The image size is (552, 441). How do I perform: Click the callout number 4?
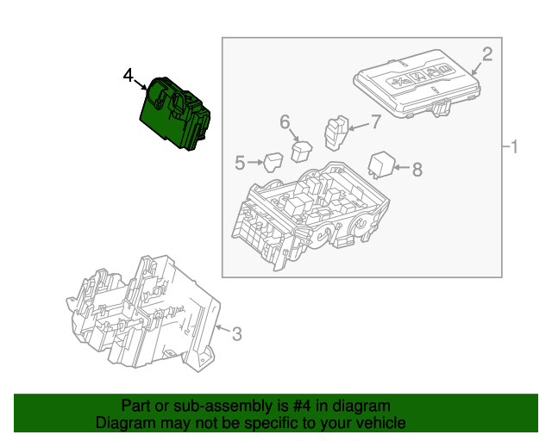click(x=128, y=77)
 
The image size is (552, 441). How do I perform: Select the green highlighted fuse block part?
click(x=176, y=113)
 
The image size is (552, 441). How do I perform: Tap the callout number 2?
click(x=486, y=55)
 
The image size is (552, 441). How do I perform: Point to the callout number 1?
click(x=514, y=148)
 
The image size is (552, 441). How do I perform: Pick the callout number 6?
click(x=285, y=122)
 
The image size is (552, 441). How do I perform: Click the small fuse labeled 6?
click(x=301, y=151)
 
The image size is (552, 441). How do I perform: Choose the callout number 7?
click(x=375, y=121)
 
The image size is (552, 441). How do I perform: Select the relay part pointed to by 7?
click(x=335, y=131)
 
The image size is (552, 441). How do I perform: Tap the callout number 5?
click(x=240, y=161)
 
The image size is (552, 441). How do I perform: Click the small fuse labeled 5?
click(x=273, y=162)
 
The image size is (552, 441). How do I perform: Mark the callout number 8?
click(x=417, y=170)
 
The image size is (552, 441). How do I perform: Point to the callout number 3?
click(x=236, y=333)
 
